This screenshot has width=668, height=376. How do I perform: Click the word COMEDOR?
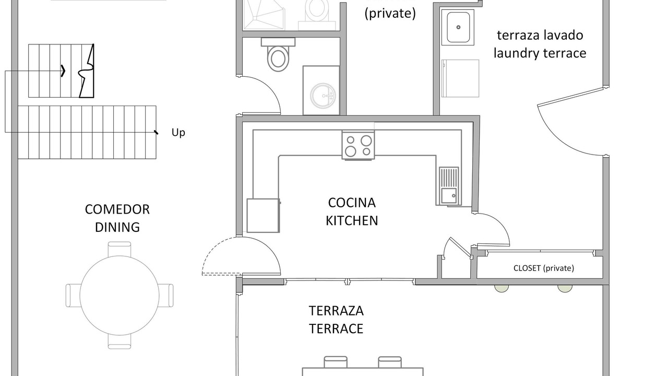(x=117, y=209)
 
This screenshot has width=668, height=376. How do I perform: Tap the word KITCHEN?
(x=352, y=221)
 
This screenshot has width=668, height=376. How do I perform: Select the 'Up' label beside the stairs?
(x=178, y=133)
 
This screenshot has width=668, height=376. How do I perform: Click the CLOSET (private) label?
(x=544, y=268)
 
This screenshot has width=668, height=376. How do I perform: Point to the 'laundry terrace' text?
(x=540, y=53)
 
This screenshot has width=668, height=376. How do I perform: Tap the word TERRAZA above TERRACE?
(x=336, y=311)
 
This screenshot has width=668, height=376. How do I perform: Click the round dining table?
(x=120, y=296)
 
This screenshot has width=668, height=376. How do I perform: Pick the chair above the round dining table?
(x=120, y=249)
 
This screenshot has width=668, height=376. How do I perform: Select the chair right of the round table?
(x=166, y=296)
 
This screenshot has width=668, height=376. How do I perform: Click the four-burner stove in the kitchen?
(x=358, y=145)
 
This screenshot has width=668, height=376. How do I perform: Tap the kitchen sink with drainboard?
(x=449, y=186)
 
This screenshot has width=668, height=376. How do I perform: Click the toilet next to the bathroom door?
(x=278, y=55)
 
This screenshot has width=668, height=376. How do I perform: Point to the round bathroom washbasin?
(x=323, y=96)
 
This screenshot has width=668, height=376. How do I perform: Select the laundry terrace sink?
(x=458, y=27)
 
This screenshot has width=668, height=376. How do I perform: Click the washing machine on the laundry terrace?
(x=460, y=78)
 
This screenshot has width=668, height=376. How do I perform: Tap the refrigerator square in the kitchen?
(x=263, y=216)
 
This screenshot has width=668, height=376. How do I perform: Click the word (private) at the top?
(x=390, y=14)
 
